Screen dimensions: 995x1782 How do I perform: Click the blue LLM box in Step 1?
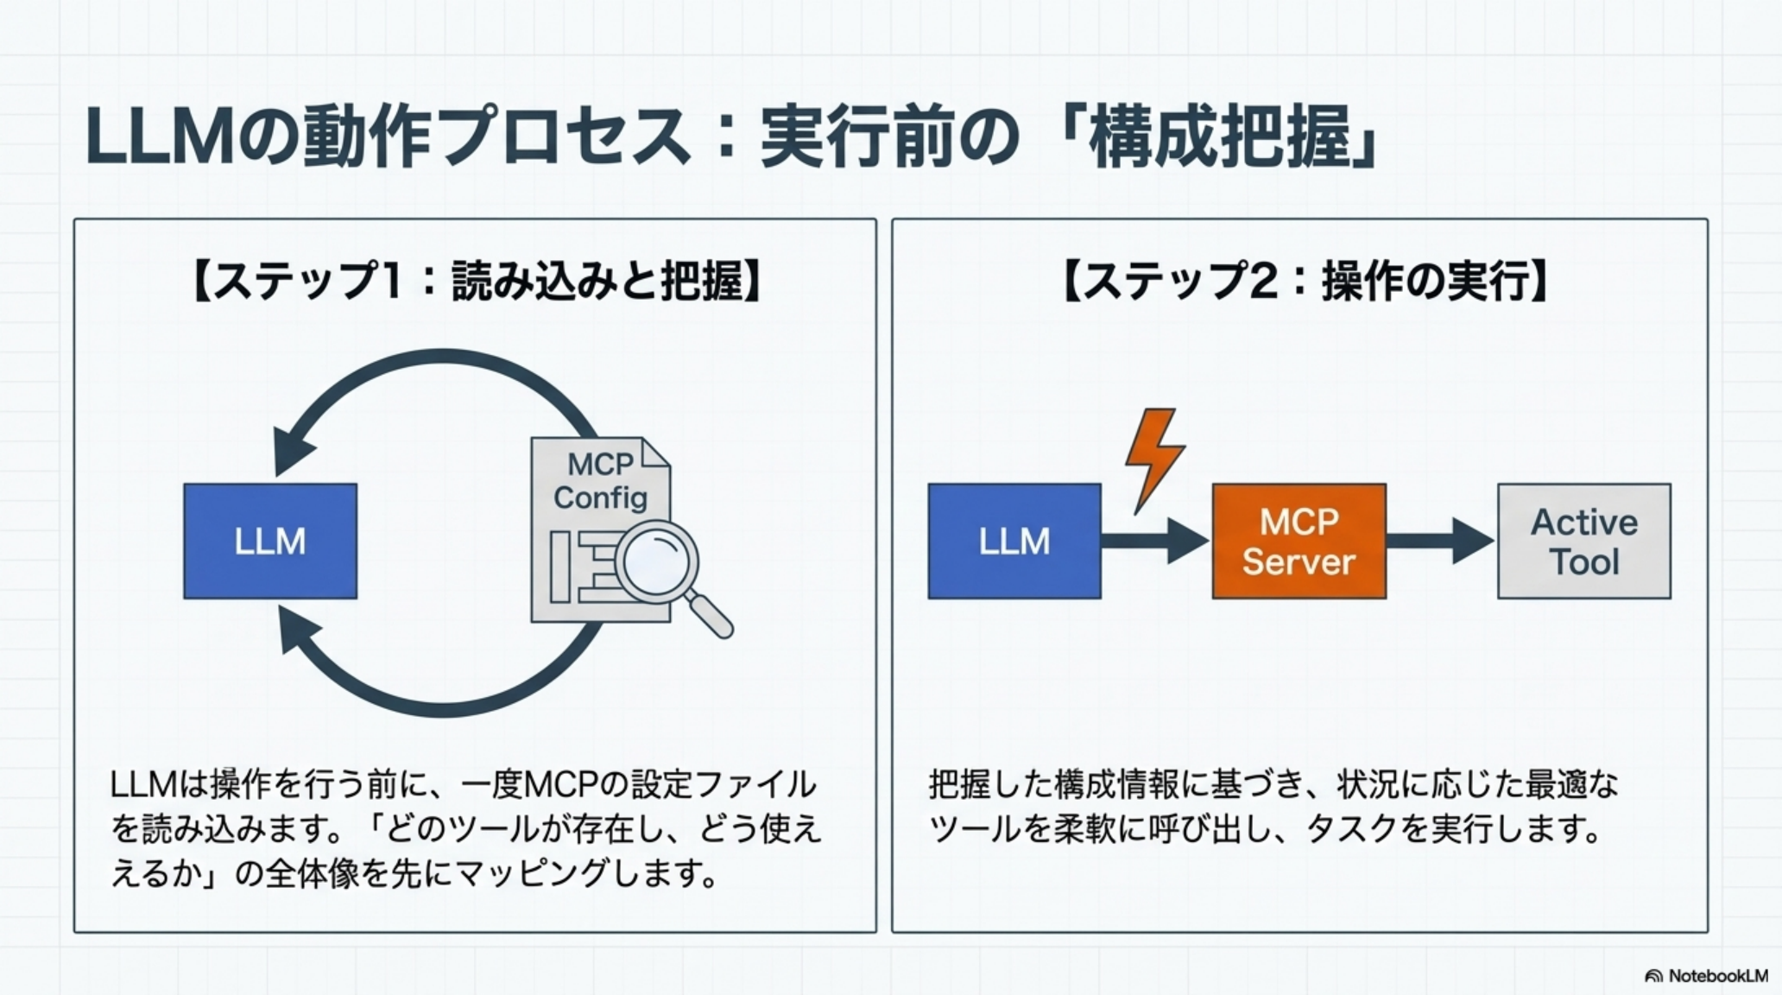coord(269,541)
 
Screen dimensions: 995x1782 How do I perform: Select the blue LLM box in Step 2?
coord(1014,541)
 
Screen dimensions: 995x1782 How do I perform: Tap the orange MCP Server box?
coord(1299,541)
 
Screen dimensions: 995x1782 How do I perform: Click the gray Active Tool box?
coord(1583,541)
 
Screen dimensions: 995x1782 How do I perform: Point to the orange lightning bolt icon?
coord(1154,458)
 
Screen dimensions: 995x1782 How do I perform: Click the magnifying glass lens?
coord(656,561)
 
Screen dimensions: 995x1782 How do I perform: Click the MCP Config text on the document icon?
coord(601,481)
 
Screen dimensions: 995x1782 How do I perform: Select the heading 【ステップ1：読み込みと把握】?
coord(475,281)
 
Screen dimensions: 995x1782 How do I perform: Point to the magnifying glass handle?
coord(713,617)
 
